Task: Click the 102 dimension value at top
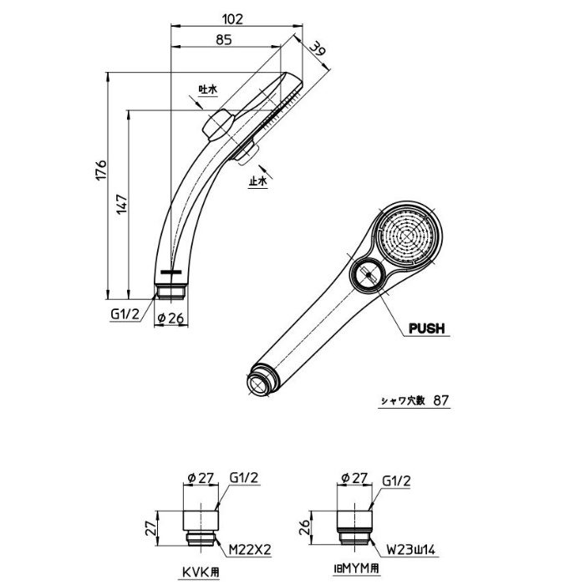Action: pos(232,19)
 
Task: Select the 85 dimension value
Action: pos(224,39)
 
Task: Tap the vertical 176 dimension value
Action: pos(101,170)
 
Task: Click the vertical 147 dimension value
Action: pos(122,204)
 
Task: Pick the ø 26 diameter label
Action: pos(170,318)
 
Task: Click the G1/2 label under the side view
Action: pos(125,314)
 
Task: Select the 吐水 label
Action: pos(207,89)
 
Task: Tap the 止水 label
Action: pos(258,181)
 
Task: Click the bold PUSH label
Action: pos(427,328)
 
